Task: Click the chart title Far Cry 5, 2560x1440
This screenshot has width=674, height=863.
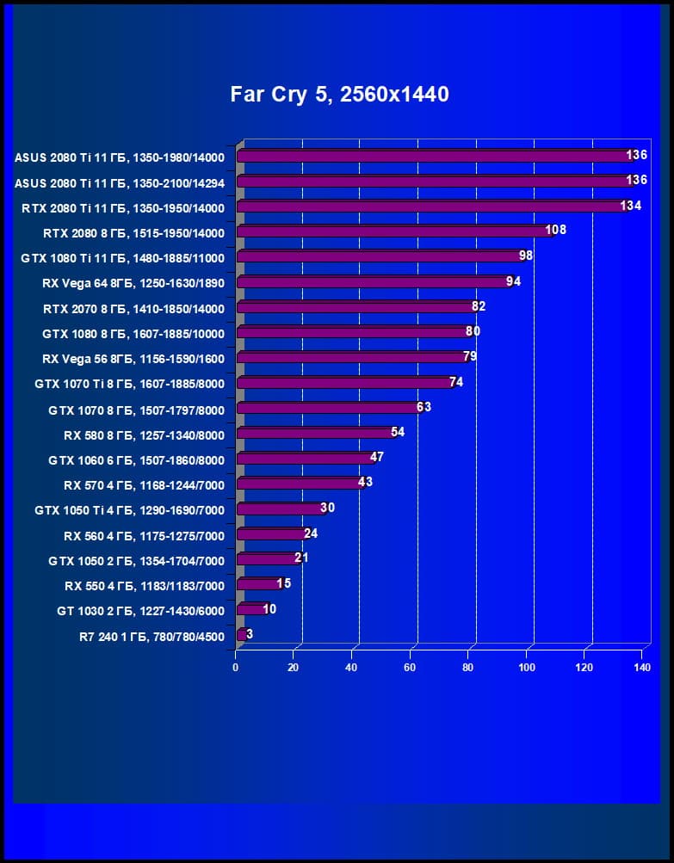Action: coord(339,95)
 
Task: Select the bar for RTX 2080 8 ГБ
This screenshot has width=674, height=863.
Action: coord(392,231)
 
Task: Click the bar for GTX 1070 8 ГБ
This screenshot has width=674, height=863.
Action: coord(326,408)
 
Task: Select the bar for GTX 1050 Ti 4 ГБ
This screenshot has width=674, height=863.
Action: coord(277,509)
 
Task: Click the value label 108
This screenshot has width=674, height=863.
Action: coord(555,231)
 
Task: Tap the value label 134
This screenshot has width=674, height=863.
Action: coord(631,206)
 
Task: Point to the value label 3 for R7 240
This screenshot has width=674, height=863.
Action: coord(249,634)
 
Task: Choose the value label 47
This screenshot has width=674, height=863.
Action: coord(377,458)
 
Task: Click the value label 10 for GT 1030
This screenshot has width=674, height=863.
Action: coord(269,609)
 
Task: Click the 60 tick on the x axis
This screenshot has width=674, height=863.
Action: coord(410,667)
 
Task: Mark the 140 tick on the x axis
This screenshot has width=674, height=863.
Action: coord(641,667)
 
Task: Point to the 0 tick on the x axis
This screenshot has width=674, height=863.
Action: coord(236,667)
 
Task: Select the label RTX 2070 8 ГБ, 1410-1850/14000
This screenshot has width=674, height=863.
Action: coord(133,309)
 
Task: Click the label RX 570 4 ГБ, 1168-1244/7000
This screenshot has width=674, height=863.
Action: coord(144,485)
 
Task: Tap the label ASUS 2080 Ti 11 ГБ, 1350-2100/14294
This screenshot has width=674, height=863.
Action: coord(119,182)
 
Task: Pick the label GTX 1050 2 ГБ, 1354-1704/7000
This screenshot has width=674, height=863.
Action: coord(136,561)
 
